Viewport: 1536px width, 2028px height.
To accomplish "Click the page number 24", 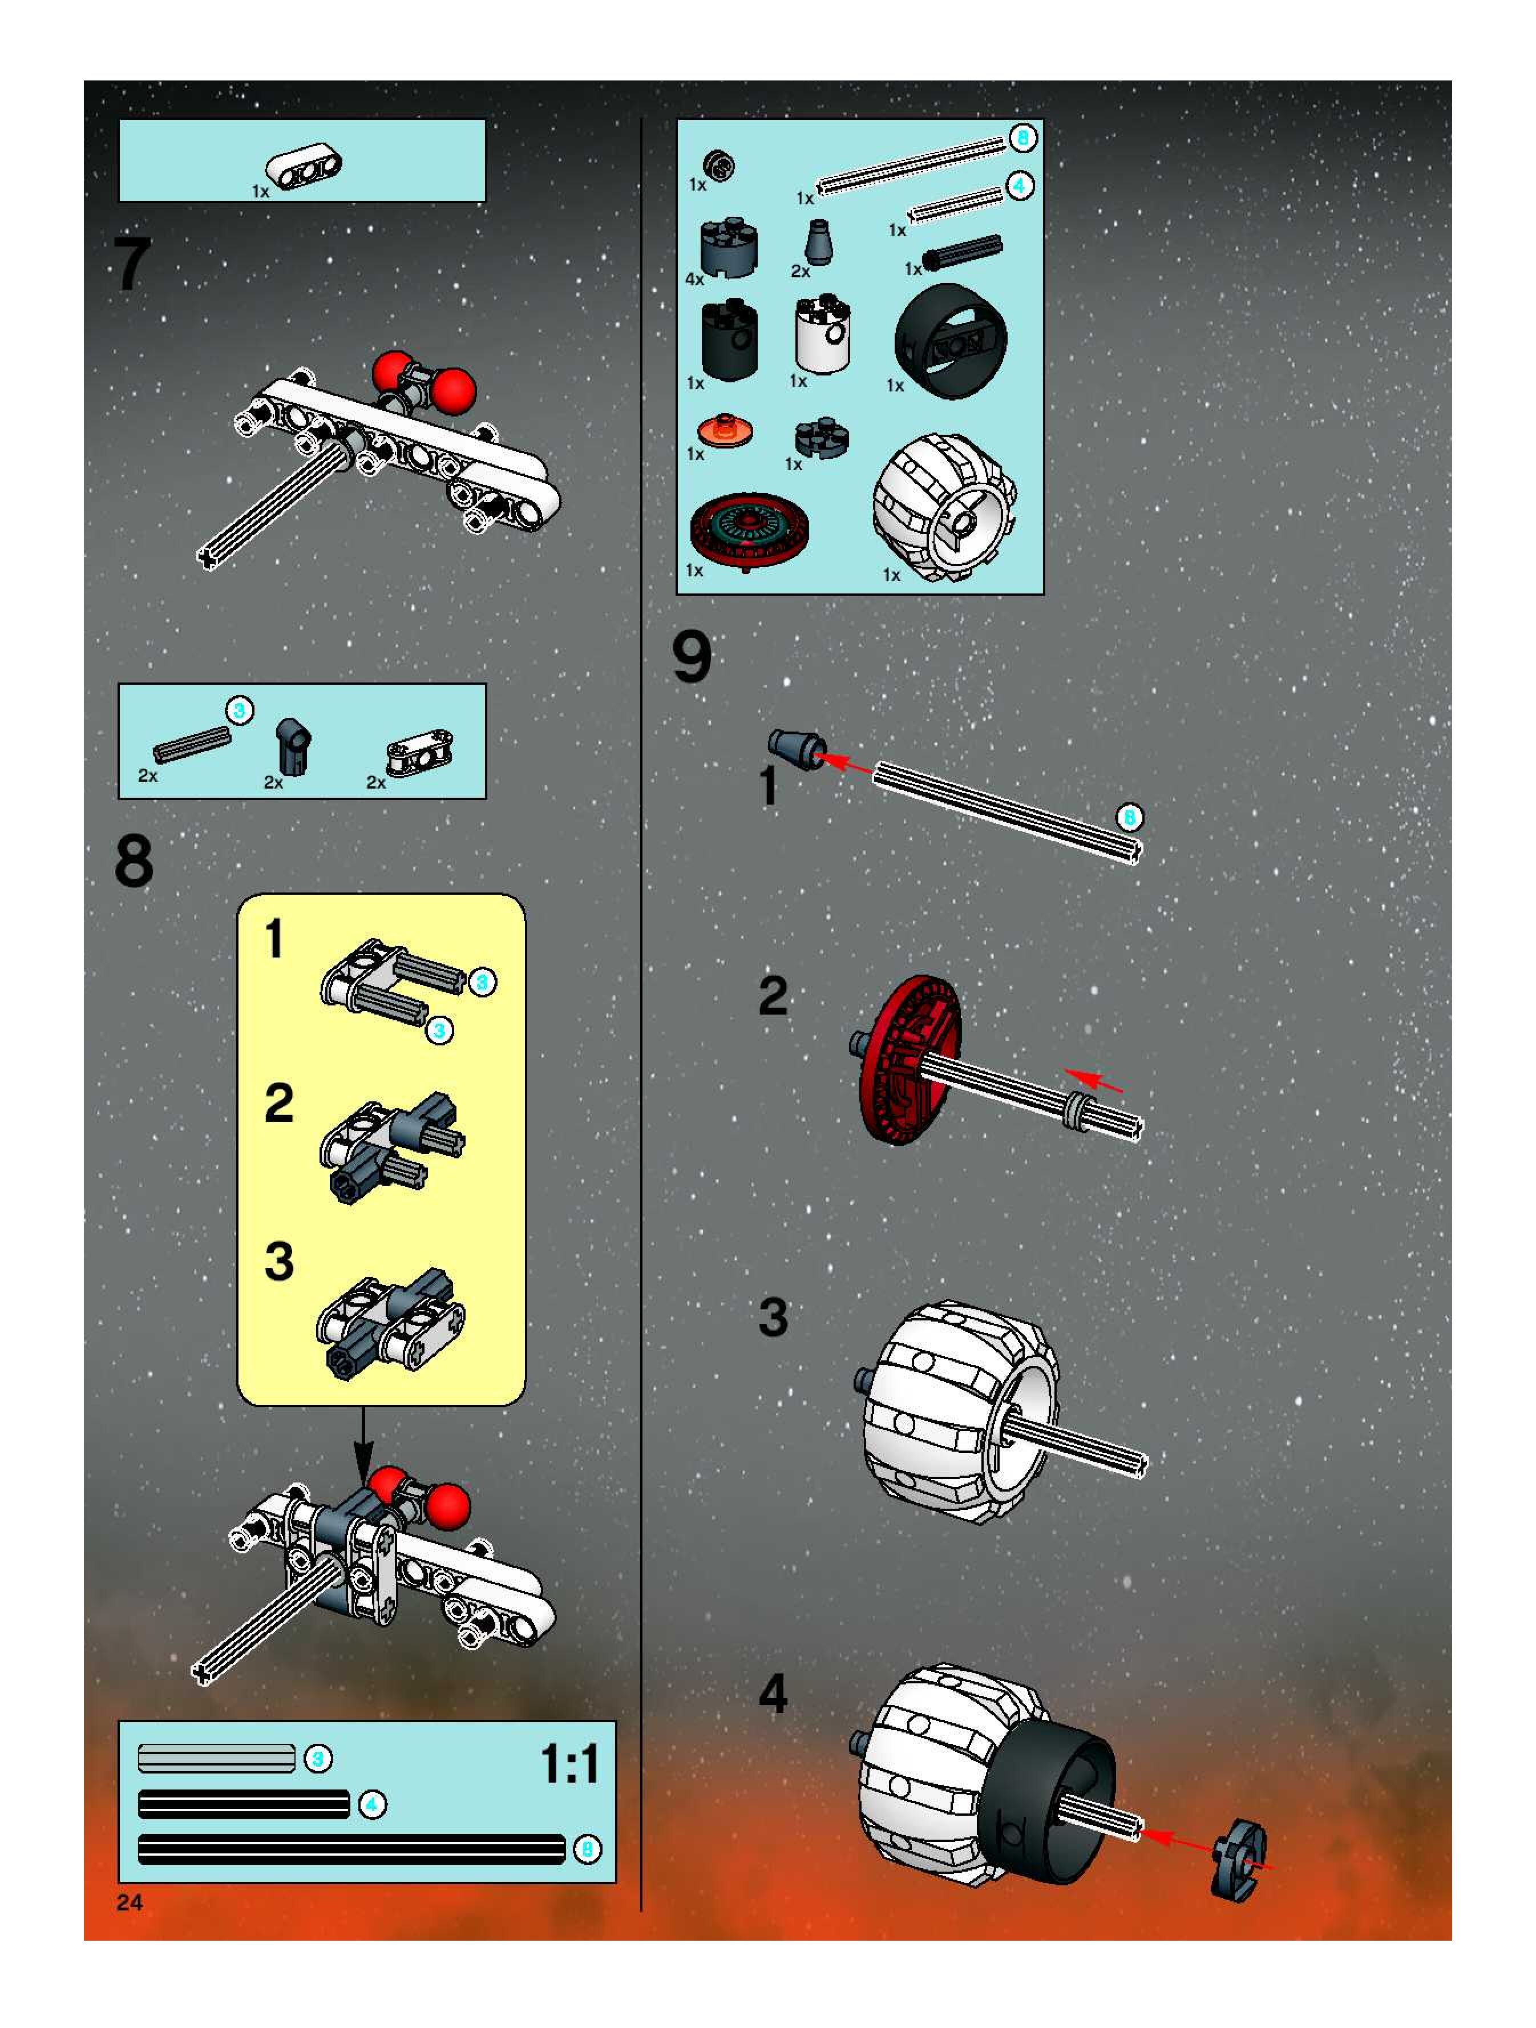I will coord(130,1902).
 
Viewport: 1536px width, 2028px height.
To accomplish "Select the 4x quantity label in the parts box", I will coord(695,278).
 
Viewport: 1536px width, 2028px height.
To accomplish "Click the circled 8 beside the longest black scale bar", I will coord(588,1849).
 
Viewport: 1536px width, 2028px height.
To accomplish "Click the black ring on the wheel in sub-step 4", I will coord(1045,1801).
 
